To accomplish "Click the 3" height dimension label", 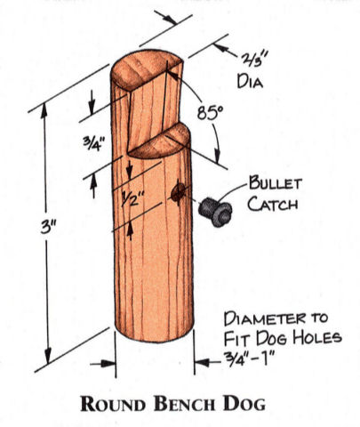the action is (x=48, y=227).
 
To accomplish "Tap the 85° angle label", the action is (x=211, y=113).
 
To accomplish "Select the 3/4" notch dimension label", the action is (x=94, y=142).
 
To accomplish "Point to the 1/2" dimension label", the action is (x=132, y=197).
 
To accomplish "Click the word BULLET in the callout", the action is (x=276, y=183).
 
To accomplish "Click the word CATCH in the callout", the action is (x=273, y=204).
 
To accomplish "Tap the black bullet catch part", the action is (x=215, y=212).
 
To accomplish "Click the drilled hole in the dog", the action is (x=178, y=193).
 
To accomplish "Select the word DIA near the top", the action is (x=250, y=81).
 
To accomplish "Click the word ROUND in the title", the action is (x=113, y=403).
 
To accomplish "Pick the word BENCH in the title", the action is (x=184, y=403).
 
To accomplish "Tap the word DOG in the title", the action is (x=244, y=403).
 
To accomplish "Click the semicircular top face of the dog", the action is (x=144, y=68).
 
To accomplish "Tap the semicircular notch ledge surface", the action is (x=162, y=141).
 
